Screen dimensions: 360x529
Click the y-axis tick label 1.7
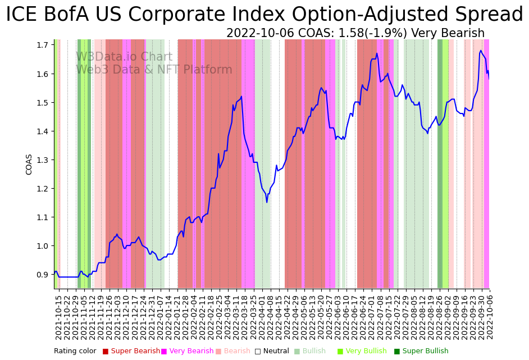tap(42, 45)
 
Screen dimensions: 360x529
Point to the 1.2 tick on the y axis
tap(42, 188)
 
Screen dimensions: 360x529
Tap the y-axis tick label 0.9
tap(42, 275)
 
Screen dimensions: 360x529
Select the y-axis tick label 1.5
tap(42, 102)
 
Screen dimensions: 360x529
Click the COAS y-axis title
tap(29, 164)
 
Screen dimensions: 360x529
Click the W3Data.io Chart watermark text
tap(124, 57)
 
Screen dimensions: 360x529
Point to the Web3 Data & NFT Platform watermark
tap(154, 70)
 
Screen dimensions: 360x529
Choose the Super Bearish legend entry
tap(131, 351)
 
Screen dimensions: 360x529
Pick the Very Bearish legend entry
tap(188, 351)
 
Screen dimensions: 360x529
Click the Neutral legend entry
tap(272, 351)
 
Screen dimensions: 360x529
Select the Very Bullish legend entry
tap(362, 351)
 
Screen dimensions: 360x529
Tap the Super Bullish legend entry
tap(421, 351)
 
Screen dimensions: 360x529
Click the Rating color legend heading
tap(75, 351)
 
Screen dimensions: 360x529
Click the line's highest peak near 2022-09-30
tap(481, 51)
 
